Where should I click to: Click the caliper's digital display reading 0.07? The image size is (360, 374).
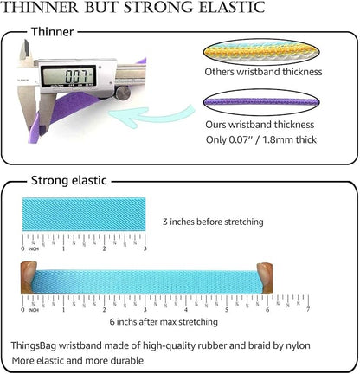[68, 76]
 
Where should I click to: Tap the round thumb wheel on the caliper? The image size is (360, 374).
[123, 93]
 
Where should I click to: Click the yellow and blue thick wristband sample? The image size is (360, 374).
[261, 52]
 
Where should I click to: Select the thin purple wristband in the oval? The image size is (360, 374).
[261, 101]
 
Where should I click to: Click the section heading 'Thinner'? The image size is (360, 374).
[53, 32]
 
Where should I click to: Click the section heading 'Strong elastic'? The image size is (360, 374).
[69, 180]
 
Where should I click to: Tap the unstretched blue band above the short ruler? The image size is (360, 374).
[84, 214]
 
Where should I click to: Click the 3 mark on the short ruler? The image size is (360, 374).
[145, 248]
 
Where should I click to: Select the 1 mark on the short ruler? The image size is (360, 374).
[63, 248]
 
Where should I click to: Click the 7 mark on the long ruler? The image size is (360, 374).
[308, 309]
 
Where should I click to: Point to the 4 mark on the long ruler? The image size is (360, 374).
[186, 309]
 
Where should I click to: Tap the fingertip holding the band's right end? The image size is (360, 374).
[265, 278]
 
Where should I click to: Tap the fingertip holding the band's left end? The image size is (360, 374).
[29, 277]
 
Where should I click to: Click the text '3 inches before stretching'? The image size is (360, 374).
[213, 222]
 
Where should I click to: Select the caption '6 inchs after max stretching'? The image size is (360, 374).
[164, 321]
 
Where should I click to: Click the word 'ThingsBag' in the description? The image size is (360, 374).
[34, 345]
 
